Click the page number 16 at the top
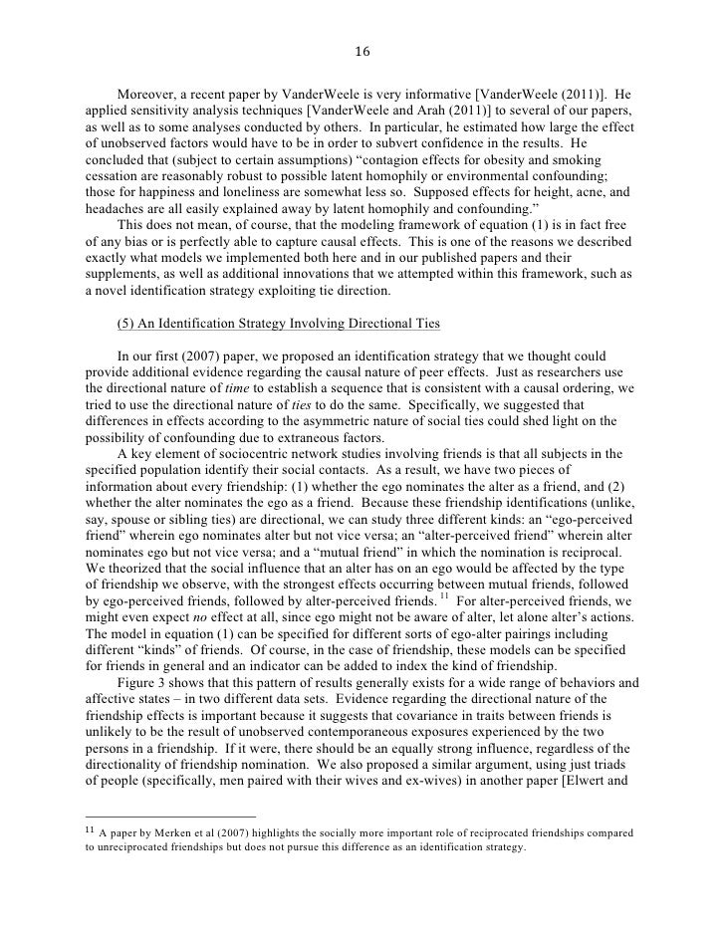click(x=362, y=53)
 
